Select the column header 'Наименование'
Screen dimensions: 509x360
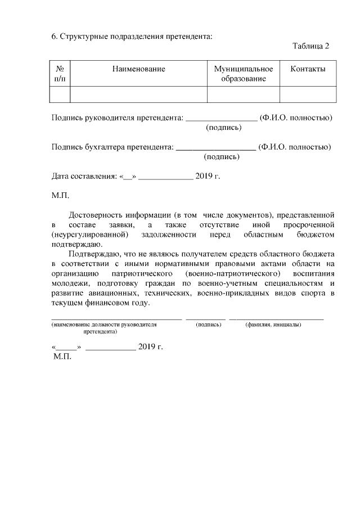tap(138, 69)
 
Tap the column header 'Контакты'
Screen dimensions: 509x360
tap(308, 69)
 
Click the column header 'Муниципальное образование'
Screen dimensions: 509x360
tap(243, 74)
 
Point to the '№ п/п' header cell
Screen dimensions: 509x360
tap(60, 74)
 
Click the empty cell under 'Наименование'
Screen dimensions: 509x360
tap(138, 94)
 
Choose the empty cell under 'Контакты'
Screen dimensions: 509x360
tap(308, 94)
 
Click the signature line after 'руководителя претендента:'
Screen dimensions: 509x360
tap(221, 119)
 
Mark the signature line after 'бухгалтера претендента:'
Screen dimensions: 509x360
tap(216, 148)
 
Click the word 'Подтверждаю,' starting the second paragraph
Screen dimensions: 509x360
tap(94, 254)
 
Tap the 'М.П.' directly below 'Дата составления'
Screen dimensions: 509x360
tap(60, 196)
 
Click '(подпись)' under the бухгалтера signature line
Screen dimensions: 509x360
tap(222, 157)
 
